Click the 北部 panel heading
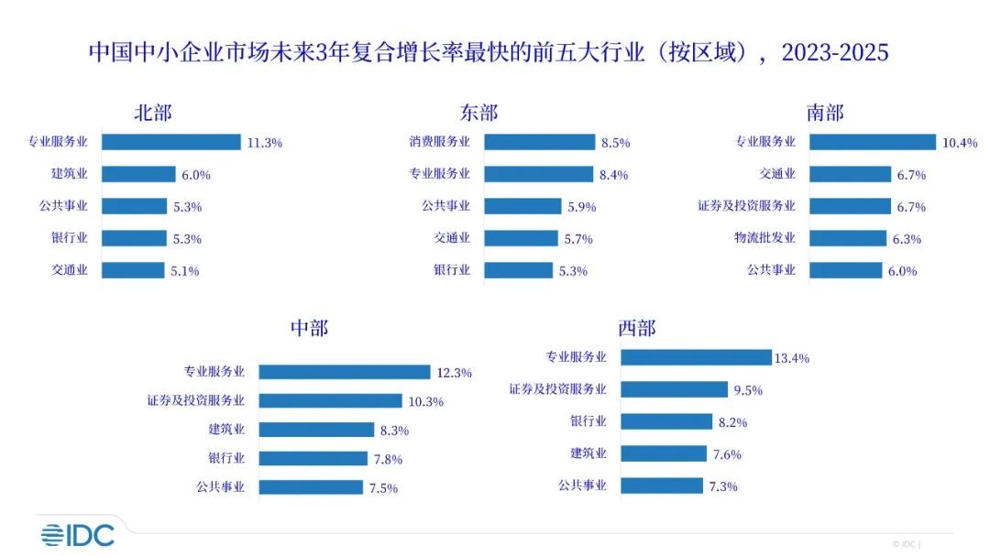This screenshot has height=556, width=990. [x=152, y=113]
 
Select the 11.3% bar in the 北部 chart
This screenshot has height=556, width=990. [x=170, y=142]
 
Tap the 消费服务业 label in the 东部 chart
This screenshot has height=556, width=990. [x=439, y=142]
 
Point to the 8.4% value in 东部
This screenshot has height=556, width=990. [x=614, y=175]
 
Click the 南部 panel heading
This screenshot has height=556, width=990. [x=825, y=113]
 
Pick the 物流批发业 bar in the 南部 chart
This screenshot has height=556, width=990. [x=849, y=238]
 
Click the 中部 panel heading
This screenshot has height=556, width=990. [x=309, y=329]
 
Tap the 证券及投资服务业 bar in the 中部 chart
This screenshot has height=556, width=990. [x=330, y=400]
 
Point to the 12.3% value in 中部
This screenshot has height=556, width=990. [x=455, y=373]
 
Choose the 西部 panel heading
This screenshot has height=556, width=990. [x=637, y=329]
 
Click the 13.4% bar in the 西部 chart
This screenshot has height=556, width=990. [x=696, y=357]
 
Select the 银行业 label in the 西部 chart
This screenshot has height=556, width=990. [x=588, y=421]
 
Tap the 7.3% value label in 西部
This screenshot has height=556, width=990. [x=722, y=486]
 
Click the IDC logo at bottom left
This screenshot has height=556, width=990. [x=77, y=535]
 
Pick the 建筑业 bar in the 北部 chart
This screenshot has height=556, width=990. [x=138, y=174]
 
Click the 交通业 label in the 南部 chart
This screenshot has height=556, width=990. [x=777, y=174]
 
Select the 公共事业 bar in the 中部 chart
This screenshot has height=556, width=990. [x=311, y=487]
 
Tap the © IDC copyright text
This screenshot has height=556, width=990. [x=907, y=543]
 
